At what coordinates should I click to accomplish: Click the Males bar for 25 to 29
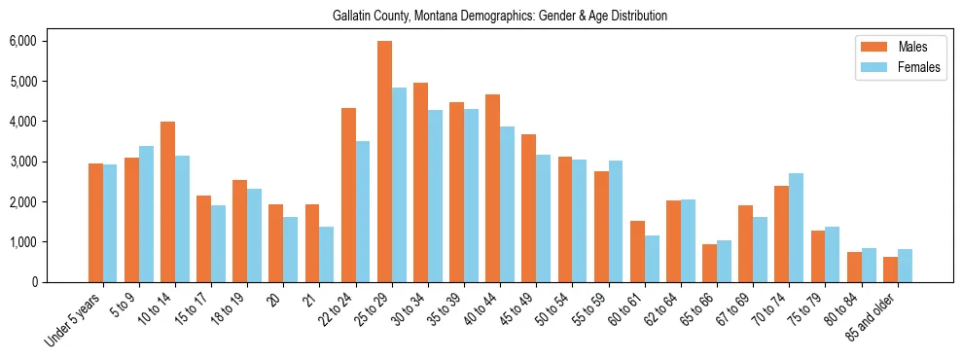[384, 162]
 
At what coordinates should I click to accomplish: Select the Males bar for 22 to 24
[348, 195]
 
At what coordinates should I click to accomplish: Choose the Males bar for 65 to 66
[710, 263]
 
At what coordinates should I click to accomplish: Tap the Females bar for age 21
[327, 254]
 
